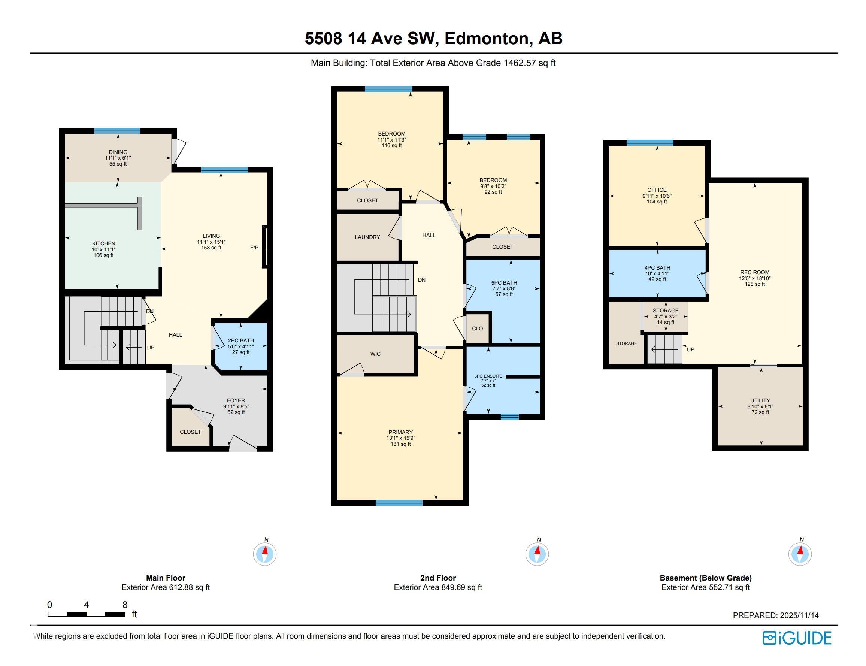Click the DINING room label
point(118,152)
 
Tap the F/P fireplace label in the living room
point(254,248)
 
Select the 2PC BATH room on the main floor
point(240,346)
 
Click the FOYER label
point(236,400)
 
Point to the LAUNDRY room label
point(367,237)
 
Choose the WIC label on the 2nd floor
point(375,354)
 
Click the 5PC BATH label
point(504,283)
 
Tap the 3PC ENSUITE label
point(488,376)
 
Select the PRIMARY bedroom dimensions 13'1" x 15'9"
point(401,438)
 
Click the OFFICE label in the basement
point(657,190)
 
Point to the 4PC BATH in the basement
point(657,273)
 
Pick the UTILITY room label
point(760,400)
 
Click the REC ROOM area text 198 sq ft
point(755,284)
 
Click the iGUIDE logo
point(797,638)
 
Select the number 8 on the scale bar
point(125,605)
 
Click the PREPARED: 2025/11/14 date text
point(776,615)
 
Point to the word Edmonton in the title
point(487,39)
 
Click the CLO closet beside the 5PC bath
point(477,328)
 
